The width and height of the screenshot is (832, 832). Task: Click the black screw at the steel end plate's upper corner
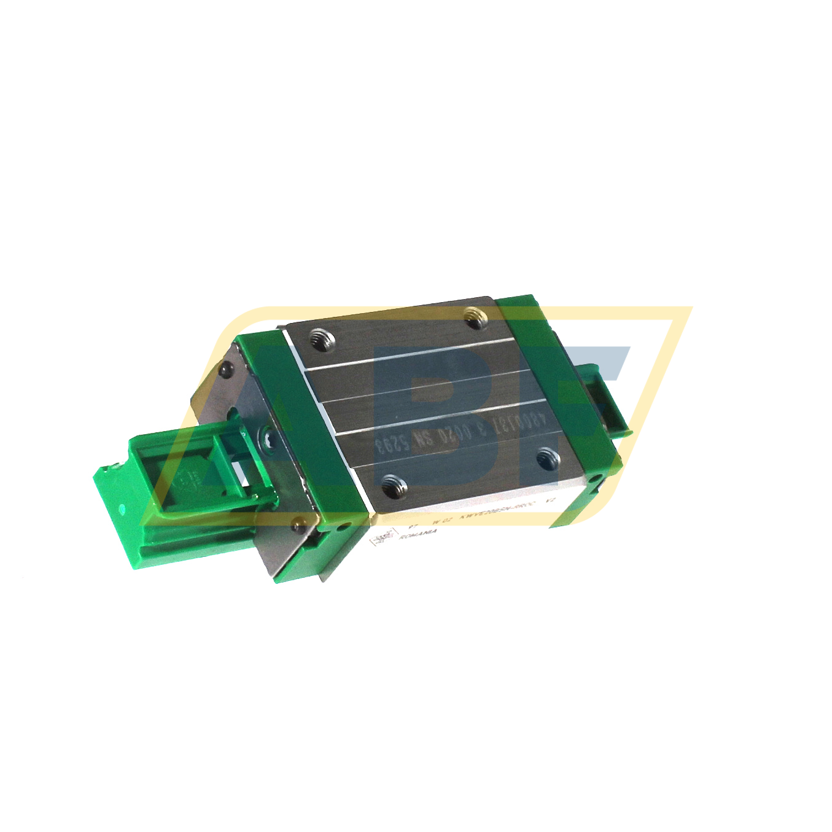click(227, 368)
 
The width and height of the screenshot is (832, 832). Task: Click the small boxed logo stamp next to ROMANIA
click(381, 538)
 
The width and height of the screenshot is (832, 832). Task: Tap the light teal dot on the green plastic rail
click(122, 508)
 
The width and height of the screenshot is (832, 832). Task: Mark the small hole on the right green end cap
click(594, 478)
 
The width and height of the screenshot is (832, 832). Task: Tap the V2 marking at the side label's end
click(551, 502)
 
